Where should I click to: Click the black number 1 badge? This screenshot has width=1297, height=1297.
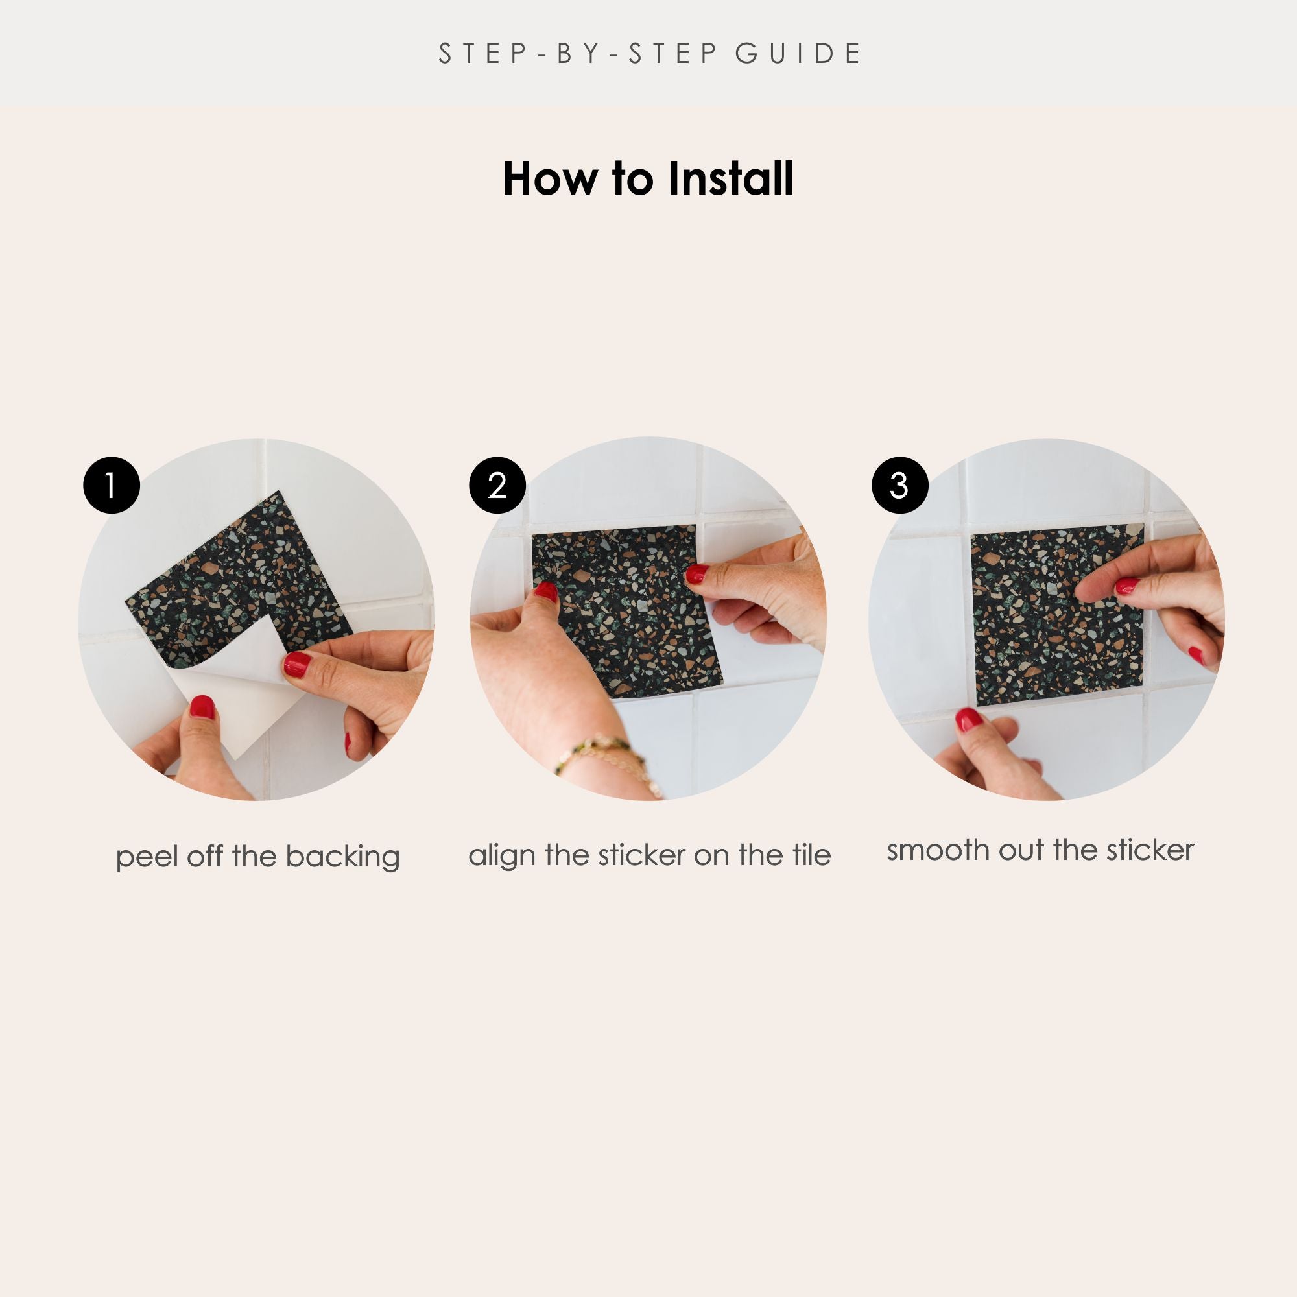point(112,485)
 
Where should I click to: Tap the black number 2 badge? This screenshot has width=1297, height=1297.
point(497,485)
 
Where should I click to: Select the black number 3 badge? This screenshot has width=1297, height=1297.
point(900,485)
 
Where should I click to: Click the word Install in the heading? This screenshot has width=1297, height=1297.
point(731,178)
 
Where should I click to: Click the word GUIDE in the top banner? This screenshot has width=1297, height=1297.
point(798,54)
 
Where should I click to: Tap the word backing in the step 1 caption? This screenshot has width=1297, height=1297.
point(343,858)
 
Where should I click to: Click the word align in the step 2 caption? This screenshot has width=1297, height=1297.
point(501,856)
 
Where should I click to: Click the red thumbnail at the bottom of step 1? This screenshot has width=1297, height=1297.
point(202,708)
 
